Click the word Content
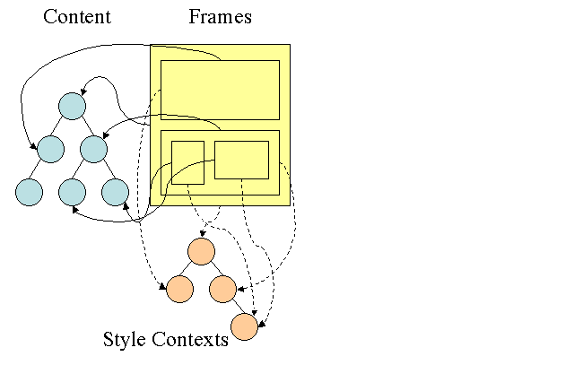(x=76, y=17)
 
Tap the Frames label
(x=220, y=17)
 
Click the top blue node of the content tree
(x=72, y=106)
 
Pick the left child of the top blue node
(x=50, y=149)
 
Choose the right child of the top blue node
(x=93, y=149)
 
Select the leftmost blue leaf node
(x=29, y=192)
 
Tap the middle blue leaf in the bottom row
(x=72, y=192)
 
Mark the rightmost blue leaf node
(x=115, y=192)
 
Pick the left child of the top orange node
(x=179, y=289)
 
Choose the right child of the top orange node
(x=222, y=289)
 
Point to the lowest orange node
(x=244, y=327)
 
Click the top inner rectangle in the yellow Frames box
(x=220, y=90)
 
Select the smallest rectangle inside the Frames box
(x=187, y=162)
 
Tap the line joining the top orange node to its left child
(x=190, y=269)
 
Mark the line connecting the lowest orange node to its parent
(x=233, y=308)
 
